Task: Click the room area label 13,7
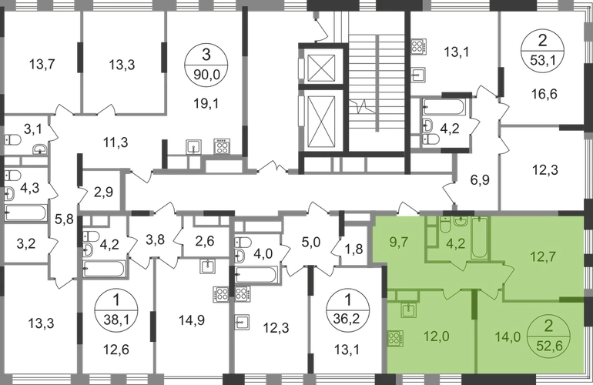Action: [x=42, y=65]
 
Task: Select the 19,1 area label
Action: [x=206, y=103]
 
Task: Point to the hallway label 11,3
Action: [x=116, y=142]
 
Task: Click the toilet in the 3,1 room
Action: [x=12, y=140]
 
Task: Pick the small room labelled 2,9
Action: [x=103, y=192]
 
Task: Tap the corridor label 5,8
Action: [x=64, y=219]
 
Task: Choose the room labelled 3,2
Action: [x=26, y=243]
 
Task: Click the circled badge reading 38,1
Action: [x=116, y=311]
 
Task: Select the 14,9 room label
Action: [x=192, y=320]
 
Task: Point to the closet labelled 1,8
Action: [x=354, y=249]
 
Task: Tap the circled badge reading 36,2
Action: [x=348, y=311]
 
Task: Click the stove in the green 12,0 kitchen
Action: [x=395, y=339]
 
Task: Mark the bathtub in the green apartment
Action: [x=480, y=237]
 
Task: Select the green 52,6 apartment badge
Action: [x=548, y=336]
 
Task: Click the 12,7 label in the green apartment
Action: [x=543, y=256]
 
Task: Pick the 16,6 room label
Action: [x=544, y=93]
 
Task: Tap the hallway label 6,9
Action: [x=480, y=180]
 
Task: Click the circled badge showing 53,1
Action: [x=543, y=50]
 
